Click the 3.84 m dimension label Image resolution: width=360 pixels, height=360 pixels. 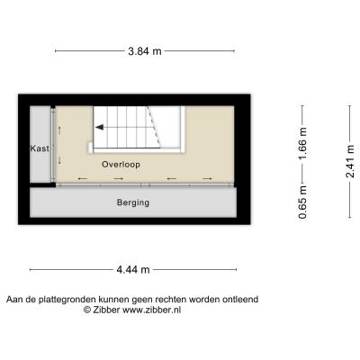pos(145,51)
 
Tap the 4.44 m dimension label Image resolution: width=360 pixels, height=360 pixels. pos(133,270)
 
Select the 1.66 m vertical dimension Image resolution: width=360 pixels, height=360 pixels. pos(302,144)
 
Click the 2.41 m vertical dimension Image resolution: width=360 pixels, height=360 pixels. pos(350,161)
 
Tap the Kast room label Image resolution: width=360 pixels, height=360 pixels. pos(40,148)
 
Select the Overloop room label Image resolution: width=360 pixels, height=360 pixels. pos(121,165)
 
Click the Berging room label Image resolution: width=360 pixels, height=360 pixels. pos(133,202)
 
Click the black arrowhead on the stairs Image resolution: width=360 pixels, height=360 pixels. pos(100,128)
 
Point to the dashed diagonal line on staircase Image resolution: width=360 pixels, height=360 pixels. pos(154,127)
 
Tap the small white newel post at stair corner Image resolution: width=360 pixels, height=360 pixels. pos(90,147)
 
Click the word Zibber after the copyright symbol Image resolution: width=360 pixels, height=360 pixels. pos(106,310)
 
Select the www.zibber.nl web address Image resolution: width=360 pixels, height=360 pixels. pos(152,310)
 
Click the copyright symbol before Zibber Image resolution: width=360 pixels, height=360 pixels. pos(87,310)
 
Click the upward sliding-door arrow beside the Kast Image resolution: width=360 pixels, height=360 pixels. pos(59,130)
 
